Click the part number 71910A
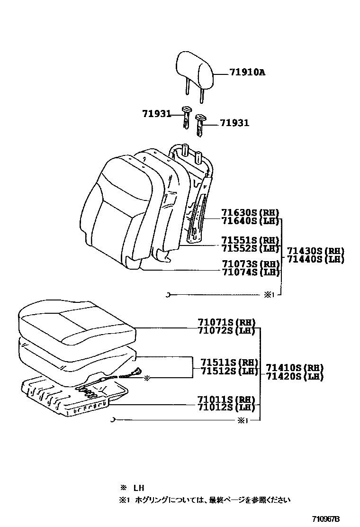pyautogui.click(x=247, y=73)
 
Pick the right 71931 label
pyautogui.click(x=234, y=123)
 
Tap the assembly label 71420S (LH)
pyautogui.click(x=294, y=377)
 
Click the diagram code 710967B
pyautogui.click(x=325, y=519)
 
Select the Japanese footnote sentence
pyautogui.click(x=208, y=500)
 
